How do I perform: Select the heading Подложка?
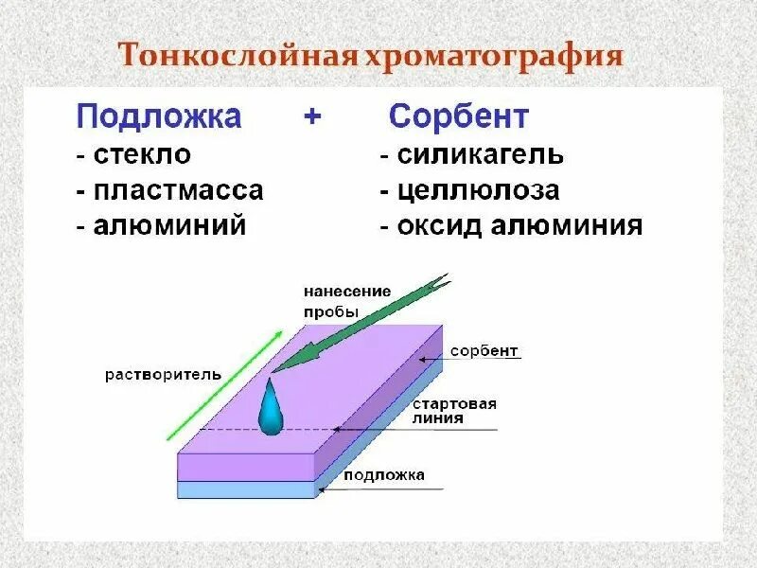[158, 117]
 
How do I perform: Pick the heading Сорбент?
[459, 117]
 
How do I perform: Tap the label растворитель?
[163, 374]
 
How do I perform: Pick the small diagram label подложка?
[384, 475]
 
